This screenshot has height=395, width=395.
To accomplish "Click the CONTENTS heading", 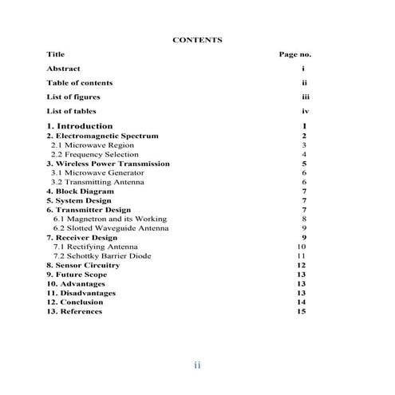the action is coord(197,39).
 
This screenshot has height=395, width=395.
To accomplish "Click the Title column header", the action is coord(55,54).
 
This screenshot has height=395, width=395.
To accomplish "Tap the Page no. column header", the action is coord(294,54).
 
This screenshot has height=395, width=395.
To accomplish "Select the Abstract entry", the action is coord(63,69).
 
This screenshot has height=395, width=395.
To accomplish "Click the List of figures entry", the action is coord(73,97).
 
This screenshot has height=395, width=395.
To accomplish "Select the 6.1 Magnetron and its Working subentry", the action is coord(110,219).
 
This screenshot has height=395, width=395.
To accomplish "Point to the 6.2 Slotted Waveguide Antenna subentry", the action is coord(111,228).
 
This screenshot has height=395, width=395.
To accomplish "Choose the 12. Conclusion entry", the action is coord(77,302).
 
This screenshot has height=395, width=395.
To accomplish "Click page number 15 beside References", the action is coord(302,311).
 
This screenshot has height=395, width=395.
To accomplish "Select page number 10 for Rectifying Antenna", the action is coord(302,247).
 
